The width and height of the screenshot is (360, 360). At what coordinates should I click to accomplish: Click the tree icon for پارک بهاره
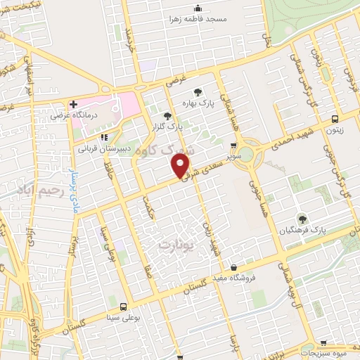click(198, 91)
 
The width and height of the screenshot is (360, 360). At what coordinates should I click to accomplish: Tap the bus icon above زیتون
click(334, 118)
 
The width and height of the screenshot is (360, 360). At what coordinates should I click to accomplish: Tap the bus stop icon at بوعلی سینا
click(124, 307)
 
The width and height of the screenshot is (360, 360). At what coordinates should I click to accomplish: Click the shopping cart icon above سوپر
click(231, 146)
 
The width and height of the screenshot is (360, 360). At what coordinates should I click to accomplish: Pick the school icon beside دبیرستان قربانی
click(104, 137)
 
